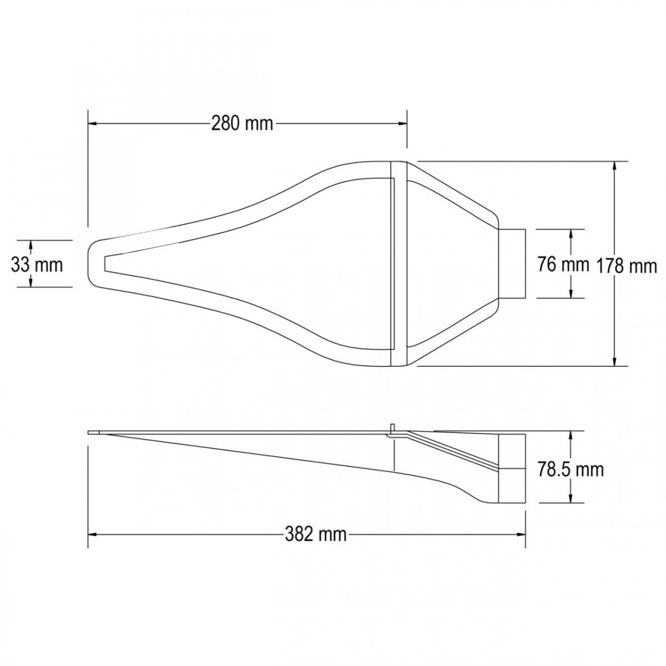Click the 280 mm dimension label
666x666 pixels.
242,123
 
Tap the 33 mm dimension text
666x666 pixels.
37,265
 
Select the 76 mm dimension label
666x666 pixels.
563,265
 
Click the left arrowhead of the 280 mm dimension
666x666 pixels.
92,123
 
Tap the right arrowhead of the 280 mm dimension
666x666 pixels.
402,123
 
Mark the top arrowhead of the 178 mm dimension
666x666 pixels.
614,165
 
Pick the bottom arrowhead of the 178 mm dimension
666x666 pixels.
614,361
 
